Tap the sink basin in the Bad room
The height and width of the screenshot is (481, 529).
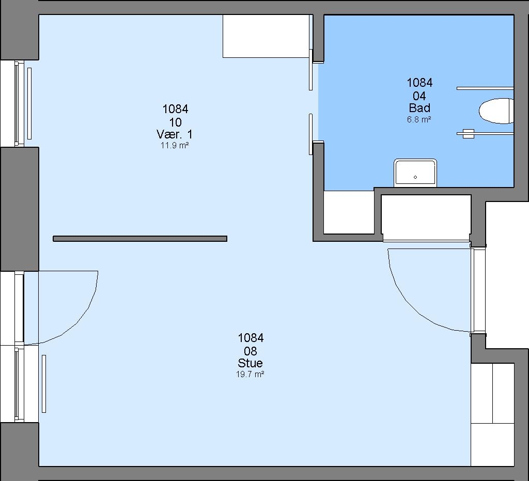(x=415, y=173)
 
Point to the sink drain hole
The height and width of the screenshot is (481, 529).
(x=415, y=177)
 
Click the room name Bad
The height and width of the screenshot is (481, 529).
(x=419, y=108)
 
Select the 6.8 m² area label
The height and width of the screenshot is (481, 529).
(x=419, y=119)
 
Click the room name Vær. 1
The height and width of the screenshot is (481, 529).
(x=175, y=134)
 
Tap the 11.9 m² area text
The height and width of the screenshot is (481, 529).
(x=175, y=146)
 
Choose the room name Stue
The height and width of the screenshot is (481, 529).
(x=251, y=363)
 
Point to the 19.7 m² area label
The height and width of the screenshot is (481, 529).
(x=250, y=375)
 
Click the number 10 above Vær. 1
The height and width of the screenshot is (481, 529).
(x=176, y=122)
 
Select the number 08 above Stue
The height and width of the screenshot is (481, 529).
(x=251, y=351)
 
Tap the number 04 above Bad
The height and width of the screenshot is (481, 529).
(x=419, y=96)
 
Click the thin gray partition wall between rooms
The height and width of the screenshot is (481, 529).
(x=140, y=239)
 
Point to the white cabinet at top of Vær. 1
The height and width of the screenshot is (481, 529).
(x=266, y=36)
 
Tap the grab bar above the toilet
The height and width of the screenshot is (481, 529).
(x=485, y=88)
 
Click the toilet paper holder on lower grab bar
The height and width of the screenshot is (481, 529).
(x=469, y=134)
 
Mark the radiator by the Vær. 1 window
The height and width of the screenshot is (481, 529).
(x=29, y=103)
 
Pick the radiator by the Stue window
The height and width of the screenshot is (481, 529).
(x=44, y=384)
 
